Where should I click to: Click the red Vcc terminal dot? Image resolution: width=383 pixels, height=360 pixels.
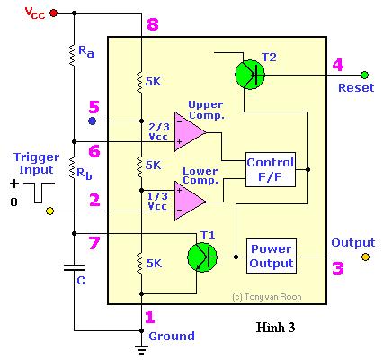pos(53,13)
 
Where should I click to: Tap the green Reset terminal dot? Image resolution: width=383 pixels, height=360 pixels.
pos(364,75)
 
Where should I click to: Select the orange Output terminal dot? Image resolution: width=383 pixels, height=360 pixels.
pos(365,257)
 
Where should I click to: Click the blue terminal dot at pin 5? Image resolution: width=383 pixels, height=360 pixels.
pos(93,121)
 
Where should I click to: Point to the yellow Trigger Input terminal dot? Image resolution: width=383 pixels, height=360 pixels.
pos(49,211)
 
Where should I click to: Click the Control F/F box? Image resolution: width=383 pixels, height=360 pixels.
pos(271,170)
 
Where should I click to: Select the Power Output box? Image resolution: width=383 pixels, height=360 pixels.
pos(272,256)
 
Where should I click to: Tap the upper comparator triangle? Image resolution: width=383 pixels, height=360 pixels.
pos(190,131)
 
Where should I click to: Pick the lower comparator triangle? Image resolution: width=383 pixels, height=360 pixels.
pos(190,201)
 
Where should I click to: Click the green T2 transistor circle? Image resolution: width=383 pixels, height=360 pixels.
pos(250,75)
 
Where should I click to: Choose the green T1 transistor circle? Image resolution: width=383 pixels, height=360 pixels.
pos(202,257)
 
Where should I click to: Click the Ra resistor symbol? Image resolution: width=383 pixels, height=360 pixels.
pos(72,55)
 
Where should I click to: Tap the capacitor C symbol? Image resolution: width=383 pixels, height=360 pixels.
pos(74,267)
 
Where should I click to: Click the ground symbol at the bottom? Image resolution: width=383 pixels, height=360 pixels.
pos(141,349)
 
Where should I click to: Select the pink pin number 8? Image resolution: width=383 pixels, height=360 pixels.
pos(153,24)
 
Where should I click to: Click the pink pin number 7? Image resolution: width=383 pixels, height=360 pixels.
pos(94,243)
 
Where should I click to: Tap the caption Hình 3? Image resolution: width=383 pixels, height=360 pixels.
pos(275,327)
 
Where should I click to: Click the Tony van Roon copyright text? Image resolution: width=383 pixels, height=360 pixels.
pos(267,297)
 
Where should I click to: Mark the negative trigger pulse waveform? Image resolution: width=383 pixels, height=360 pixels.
pos(39,193)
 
